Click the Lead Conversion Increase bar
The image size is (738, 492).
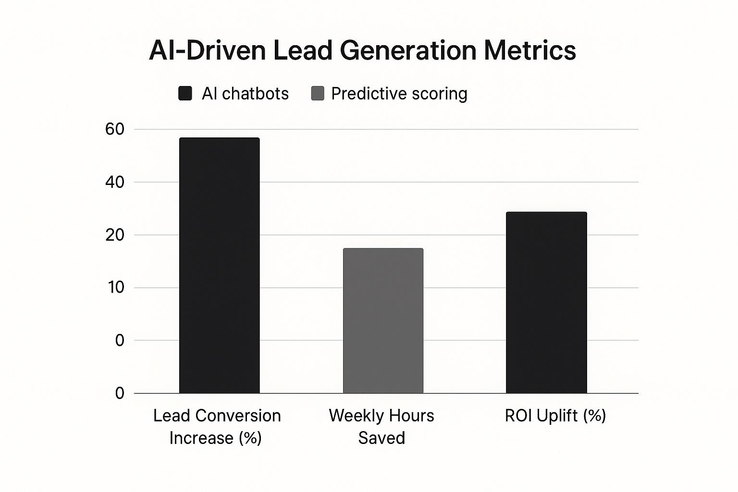pos(219,265)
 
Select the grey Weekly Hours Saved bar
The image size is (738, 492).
pos(383,320)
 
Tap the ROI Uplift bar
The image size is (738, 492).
pos(546,302)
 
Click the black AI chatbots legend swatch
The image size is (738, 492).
pos(185,93)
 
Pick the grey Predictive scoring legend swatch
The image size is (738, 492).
pos(318,93)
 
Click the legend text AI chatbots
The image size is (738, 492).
pos(245,93)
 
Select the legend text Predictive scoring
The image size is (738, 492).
pos(399,93)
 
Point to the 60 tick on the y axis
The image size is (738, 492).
pos(114,129)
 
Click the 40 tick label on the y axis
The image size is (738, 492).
pos(114,182)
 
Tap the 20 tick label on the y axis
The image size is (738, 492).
pos(114,235)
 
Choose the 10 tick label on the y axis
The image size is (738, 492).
pos(116,287)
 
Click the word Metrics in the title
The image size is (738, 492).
pos(529,50)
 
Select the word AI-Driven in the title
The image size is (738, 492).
pos(207,50)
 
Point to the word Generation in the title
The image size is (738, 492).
pos(408,50)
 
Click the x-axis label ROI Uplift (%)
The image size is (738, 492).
pos(555,416)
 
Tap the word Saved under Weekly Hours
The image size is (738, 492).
pos(381,438)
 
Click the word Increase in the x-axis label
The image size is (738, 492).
pos(201,438)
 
